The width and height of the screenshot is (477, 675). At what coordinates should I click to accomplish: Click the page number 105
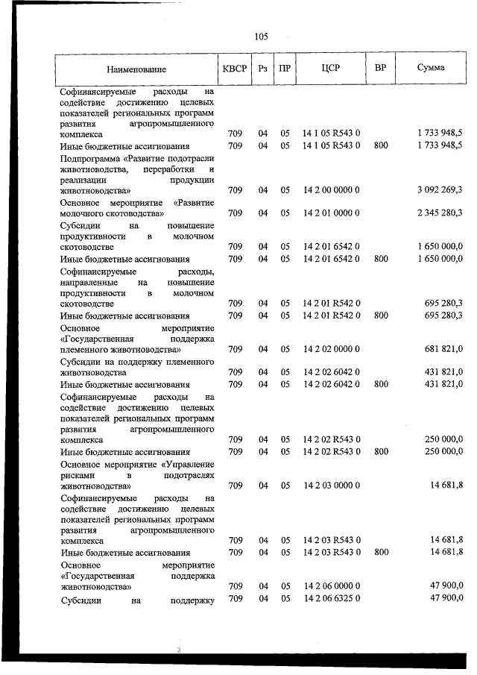(261, 36)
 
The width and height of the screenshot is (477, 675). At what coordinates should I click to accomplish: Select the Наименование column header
(136, 69)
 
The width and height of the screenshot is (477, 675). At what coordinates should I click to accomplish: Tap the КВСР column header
(235, 68)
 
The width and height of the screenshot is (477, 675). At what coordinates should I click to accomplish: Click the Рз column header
(262, 69)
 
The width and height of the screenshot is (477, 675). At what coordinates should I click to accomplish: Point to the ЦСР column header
(331, 68)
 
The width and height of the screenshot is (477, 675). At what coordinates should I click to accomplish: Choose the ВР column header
(380, 68)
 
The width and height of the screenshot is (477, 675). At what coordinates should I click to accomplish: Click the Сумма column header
(432, 68)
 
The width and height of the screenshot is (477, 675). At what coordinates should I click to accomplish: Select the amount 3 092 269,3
(435, 191)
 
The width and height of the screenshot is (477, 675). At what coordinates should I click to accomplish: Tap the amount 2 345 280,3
(435, 213)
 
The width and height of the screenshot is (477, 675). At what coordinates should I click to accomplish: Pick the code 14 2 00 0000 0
(331, 191)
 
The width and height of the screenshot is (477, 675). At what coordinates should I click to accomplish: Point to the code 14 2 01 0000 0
(331, 213)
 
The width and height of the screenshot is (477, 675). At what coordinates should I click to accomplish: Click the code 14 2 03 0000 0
(331, 486)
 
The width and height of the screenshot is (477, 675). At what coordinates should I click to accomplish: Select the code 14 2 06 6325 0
(331, 599)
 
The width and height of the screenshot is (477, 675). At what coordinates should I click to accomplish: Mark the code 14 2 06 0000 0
(331, 586)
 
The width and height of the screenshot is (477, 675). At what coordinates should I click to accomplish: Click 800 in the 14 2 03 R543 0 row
(380, 553)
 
